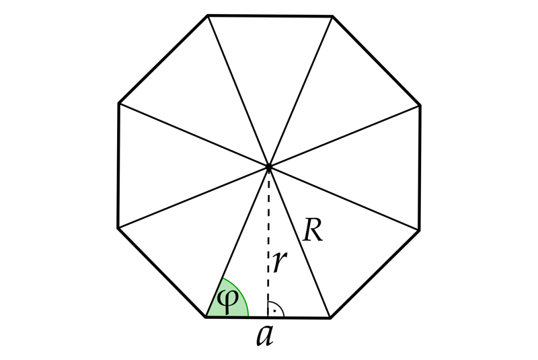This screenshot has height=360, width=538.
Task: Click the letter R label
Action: point(313,230)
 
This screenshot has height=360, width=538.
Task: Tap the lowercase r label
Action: point(280,262)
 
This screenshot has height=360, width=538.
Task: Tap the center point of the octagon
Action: point(268,167)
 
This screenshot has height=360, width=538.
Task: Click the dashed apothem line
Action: point(268,242)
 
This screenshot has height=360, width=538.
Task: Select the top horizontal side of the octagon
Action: point(270,15)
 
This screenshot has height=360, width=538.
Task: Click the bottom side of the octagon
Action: point(268,318)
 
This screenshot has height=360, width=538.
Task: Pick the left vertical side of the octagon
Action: point(118,165)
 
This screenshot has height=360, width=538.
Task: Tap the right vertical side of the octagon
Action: point(420,168)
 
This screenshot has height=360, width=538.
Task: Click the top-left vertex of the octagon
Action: point(208,15)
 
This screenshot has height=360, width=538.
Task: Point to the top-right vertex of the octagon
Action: point(332,15)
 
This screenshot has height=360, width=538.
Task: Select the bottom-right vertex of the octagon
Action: point(330,318)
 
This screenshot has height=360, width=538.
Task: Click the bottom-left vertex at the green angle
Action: point(206,318)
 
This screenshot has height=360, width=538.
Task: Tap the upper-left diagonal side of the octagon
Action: point(163,59)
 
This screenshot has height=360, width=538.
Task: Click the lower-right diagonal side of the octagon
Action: point(375,275)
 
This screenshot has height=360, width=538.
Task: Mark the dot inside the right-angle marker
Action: point(274,311)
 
